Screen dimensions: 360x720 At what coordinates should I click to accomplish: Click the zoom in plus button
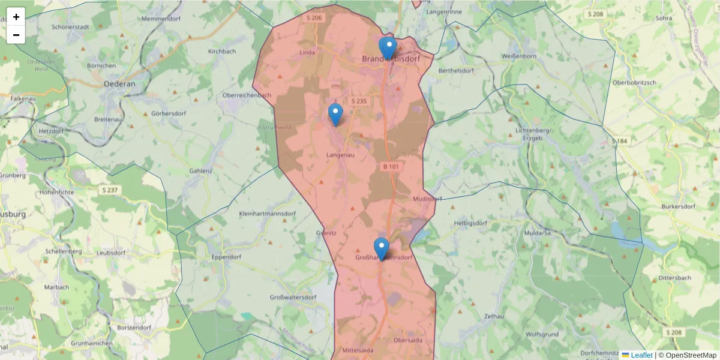pos(16,17)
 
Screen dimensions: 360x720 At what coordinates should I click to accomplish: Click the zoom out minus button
pos(16,35)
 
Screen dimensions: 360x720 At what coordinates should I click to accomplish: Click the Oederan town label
pos(120,84)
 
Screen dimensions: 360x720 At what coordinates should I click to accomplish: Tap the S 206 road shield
pos(314,18)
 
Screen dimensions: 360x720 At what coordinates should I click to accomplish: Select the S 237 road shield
pos(110,190)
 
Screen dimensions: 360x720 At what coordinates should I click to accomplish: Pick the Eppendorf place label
pos(226,257)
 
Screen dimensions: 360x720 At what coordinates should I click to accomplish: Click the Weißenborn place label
pos(518,56)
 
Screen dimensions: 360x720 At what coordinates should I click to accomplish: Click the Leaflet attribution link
pos(641,355)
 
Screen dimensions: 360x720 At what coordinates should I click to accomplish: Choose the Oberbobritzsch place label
pos(634,82)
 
